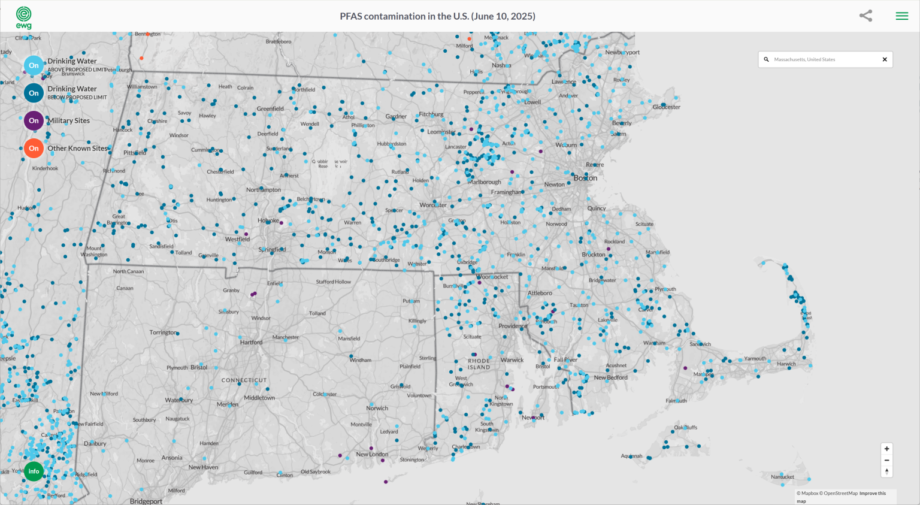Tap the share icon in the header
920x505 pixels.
pyautogui.click(x=865, y=16)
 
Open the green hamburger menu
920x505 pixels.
pyautogui.click(x=901, y=16)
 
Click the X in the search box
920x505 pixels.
pyautogui.click(x=885, y=59)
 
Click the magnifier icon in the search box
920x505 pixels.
pyautogui.click(x=766, y=59)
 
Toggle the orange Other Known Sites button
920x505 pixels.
pyautogui.click(x=34, y=149)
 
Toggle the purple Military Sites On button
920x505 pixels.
pyautogui.click(x=34, y=120)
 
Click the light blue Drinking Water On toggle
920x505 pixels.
pyautogui.click(x=34, y=65)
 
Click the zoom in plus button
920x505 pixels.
pyautogui.click(x=886, y=449)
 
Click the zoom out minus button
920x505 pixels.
pyautogui.click(x=886, y=460)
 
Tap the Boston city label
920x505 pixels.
pyautogui.click(x=585, y=178)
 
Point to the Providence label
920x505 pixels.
pyautogui.click(x=512, y=326)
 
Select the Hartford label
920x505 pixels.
pyautogui.click(x=251, y=343)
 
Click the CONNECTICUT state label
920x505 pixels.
pyautogui.click(x=244, y=380)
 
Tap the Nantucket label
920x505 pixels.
pyautogui.click(x=782, y=477)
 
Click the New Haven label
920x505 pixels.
pyautogui.click(x=203, y=467)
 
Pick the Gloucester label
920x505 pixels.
pyautogui.click(x=667, y=107)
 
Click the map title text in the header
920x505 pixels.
pyautogui.click(x=437, y=16)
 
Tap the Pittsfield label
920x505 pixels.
pyautogui.click(x=134, y=153)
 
